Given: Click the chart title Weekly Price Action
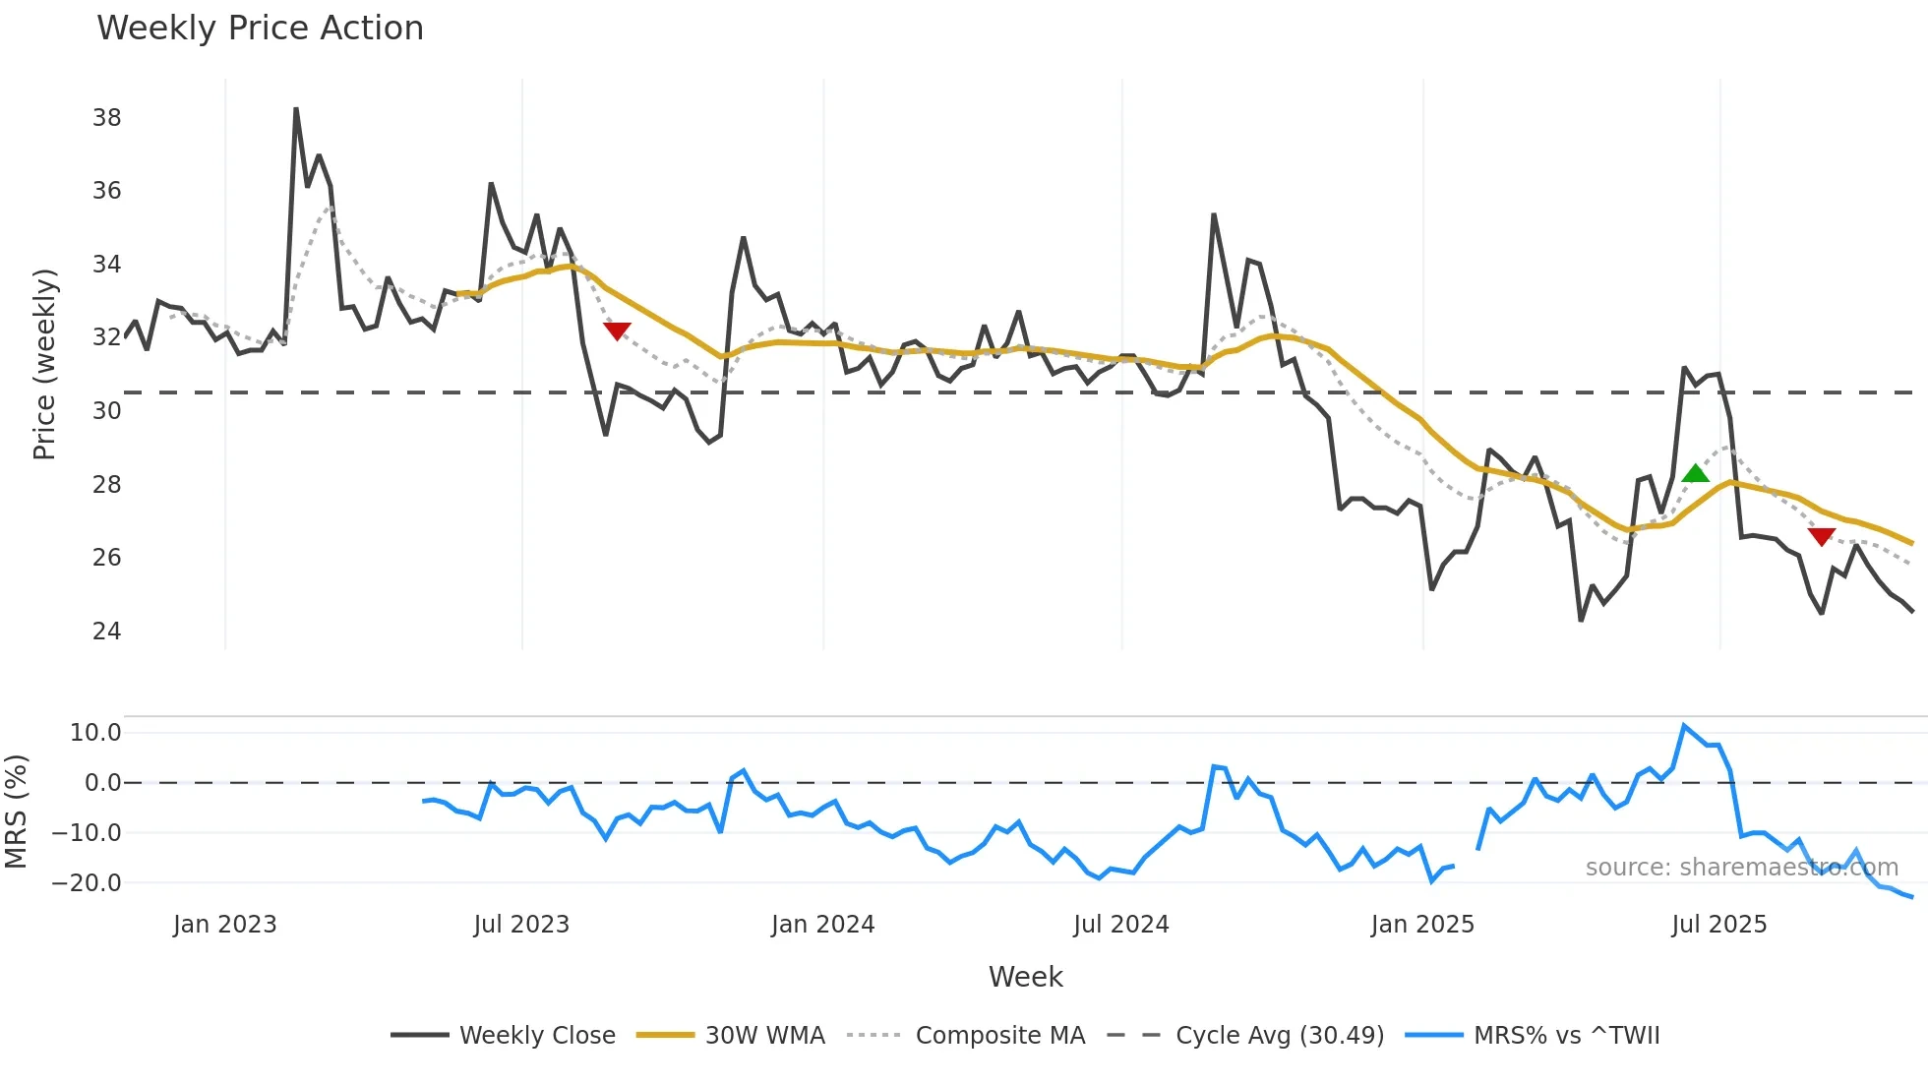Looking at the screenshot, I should point(260,29).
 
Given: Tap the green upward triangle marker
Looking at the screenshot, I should point(1695,474).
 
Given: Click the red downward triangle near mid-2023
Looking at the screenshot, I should point(617,331).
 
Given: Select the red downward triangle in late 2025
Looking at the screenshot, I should point(1822,536).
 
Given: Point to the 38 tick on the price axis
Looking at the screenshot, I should point(106,118).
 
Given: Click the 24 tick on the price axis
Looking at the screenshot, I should point(106,632).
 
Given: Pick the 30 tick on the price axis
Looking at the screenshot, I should point(106,411).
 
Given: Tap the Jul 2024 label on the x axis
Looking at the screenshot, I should point(1120,925).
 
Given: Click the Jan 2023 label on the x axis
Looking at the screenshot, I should point(224,925).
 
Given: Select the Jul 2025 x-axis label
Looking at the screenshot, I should point(1718,925).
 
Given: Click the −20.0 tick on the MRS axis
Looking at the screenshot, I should point(87,883).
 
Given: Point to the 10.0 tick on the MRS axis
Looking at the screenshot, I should point(95,733).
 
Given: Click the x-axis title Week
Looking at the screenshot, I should point(1025,977).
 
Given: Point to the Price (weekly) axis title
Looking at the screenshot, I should point(44,364).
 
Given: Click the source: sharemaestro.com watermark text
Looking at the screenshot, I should point(1741,868).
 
